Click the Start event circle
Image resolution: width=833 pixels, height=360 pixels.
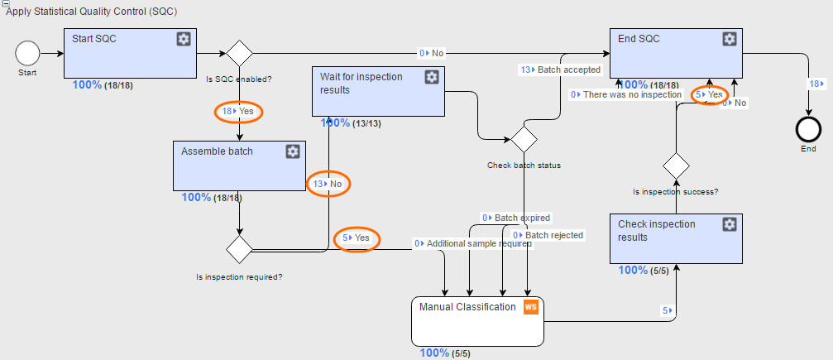click(x=27, y=53)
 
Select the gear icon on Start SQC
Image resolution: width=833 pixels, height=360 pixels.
click(x=184, y=39)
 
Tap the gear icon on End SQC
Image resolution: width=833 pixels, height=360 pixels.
click(x=730, y=39)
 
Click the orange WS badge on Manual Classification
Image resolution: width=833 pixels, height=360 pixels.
click(x=531, y=307)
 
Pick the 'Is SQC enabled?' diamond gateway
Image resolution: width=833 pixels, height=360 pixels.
click(x=240, y=53)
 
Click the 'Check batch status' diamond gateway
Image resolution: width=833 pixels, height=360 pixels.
click(x=524, y=139)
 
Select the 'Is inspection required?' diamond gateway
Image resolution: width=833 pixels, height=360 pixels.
click(x=240, y=249)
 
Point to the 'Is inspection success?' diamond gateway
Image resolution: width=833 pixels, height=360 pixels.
click(x=677, y=166)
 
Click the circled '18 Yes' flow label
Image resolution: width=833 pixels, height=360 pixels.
click(x=238, y=112)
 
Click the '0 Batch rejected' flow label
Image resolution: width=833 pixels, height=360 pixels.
click(x=548, y=235)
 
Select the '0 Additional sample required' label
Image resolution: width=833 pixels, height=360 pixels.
click(x=473, y=243)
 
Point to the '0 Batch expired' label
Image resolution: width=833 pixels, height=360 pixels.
click(x=516, y=218)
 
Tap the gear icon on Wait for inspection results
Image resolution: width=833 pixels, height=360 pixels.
click(x=432, y=77)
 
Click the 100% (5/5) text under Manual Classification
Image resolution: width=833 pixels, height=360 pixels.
click(x=445, y=353)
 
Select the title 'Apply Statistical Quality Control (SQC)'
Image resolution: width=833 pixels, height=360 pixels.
click(x=91, y=11)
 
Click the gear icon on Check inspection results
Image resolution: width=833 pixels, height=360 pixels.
click(x=730, y=224)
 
